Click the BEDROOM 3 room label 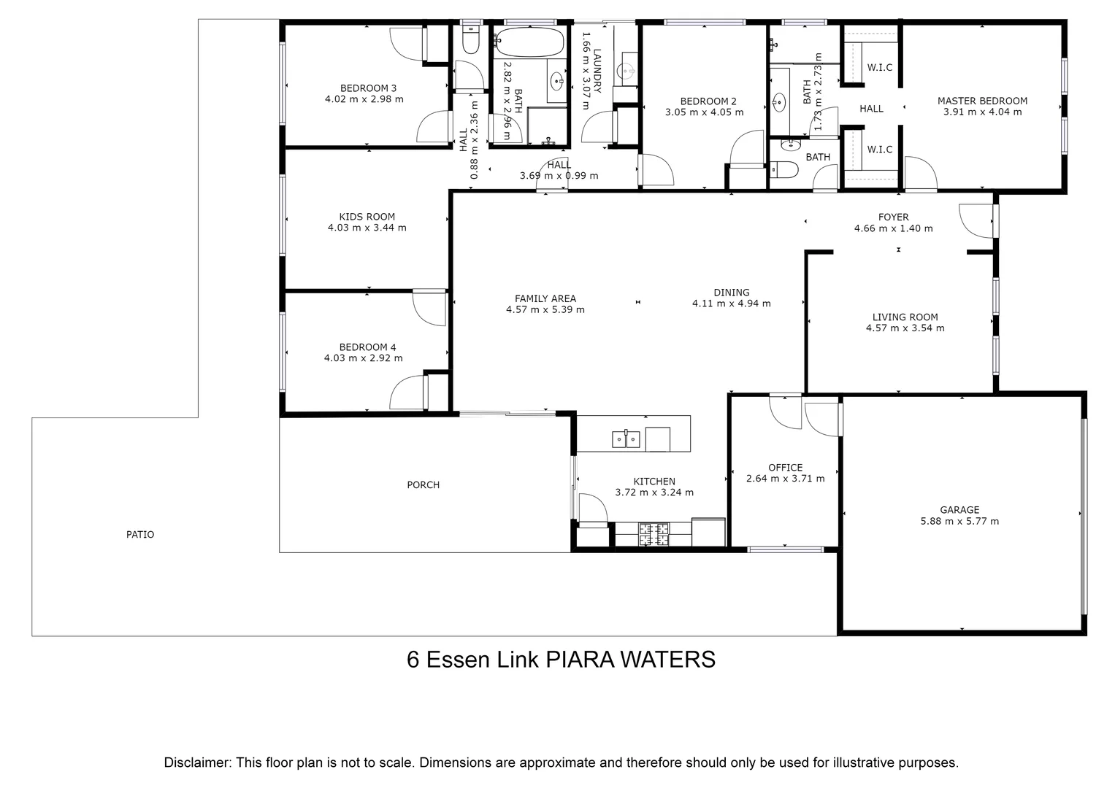coord(363,88)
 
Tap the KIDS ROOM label coord(367,217)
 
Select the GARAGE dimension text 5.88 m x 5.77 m coord(959,521)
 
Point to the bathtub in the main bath coord(530,42)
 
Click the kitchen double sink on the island coord(626,439)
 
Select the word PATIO coord(140,535)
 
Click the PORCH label coord(424,485)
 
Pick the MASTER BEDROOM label coord(982,101)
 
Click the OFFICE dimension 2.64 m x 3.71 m coord(785,479)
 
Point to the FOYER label coord(893,217)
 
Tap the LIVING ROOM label coord(905,317)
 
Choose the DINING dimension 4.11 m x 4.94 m coord(731,304)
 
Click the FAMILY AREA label coord(545,298)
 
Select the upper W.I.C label coord(879,68)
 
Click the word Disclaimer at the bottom coord(197,762)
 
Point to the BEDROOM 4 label coord(367,347)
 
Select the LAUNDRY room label coord(597,71)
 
